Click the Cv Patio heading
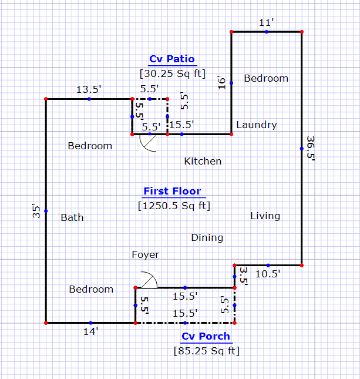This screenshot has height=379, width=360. click(171, 59)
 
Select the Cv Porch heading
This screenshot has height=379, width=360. click(206, 337)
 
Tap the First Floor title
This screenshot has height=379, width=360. click(172, 192)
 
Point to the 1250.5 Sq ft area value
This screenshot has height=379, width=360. click(174, 206)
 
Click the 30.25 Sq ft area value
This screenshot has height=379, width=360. click(171, 73)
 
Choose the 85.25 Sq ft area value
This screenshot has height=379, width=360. click(206, 351)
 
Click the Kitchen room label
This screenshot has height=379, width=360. click(203, 161)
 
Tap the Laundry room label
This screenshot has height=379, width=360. click(256, 125)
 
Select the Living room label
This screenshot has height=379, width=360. click(265, 216)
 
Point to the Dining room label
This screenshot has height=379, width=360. click(207, 238)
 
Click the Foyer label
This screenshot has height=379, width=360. click(145, 254)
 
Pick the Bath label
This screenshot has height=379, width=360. click(72, 217)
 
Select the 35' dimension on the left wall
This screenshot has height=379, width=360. click(37, 212)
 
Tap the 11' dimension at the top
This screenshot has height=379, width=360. click(266, 23)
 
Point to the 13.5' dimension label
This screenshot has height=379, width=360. click(89, 89)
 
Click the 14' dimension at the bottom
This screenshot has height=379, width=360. click(90, 331)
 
